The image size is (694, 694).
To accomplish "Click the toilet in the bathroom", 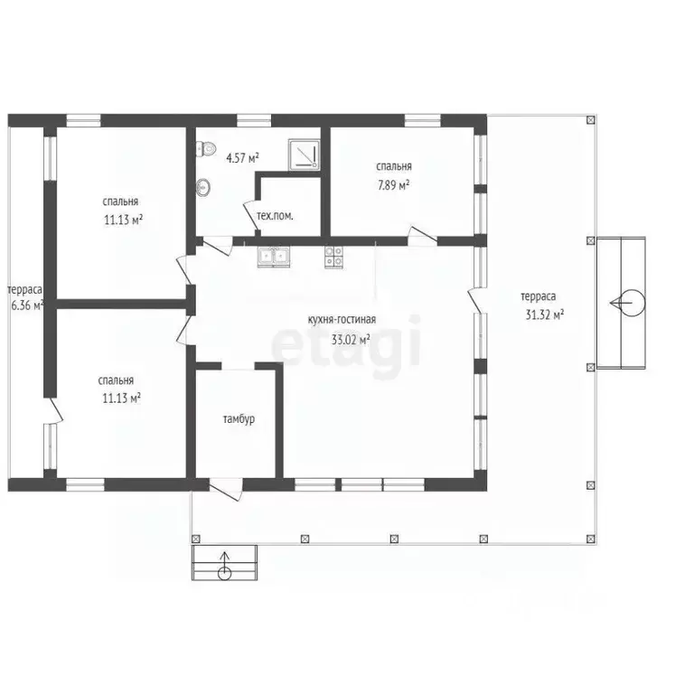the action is (x=206, y=148).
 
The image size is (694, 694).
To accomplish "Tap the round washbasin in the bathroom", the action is (x=203, y=187).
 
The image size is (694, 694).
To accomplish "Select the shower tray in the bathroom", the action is (x=304, y=155).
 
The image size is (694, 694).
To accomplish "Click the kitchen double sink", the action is (x=274, y=257).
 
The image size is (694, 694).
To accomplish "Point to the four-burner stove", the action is (x=333, y=258).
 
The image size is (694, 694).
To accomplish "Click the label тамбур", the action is (x=239, y=418).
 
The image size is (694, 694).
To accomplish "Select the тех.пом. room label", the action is (x=275, y=217).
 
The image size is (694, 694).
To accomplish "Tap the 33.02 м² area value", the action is (x=351, y=340).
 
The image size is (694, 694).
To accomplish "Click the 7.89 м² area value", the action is (x=393, y=185).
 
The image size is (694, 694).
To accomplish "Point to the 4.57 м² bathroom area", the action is (x=242, y=158).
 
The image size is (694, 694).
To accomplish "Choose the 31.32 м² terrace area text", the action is (x=544, y=314).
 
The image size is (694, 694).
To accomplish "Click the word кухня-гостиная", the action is (x=342, y=320).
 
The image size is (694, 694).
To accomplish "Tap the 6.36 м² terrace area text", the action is (x=27, y=305).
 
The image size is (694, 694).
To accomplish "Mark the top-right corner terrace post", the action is (x=590, y=120).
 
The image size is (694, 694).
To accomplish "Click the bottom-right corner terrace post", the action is (x=590, y=539).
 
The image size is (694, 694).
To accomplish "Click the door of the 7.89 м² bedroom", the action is (x=422, y=236).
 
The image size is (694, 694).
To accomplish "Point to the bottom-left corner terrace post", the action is (x=195, y=539).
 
